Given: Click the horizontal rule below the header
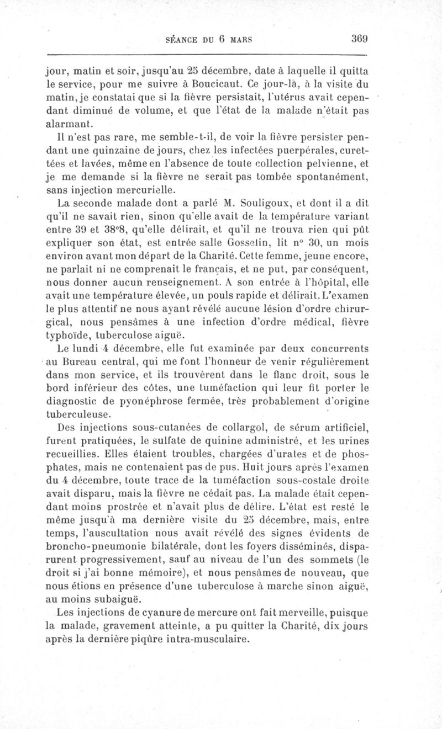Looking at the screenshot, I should tap(207, 55).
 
